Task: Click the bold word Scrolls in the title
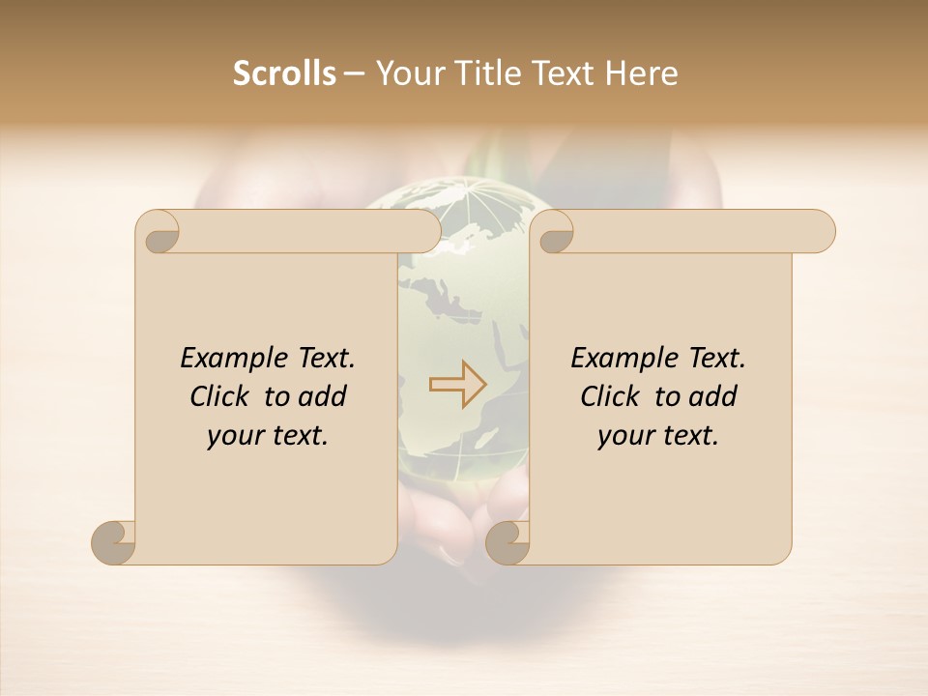[x=284, y=73]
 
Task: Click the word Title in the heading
[x=480, y=73]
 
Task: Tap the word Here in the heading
[x=642, y=73]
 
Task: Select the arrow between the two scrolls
[x=458, y=385]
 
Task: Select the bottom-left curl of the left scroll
[x=113, y=542]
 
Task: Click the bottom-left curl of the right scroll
[x=507, y=542]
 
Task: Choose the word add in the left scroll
[x=323, y=396]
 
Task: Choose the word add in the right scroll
[x=713, y=396]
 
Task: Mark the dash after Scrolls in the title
[x=354, y=73]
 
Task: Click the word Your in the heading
[x=405, y=73]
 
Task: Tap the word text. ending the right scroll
[x=687, y=436]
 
